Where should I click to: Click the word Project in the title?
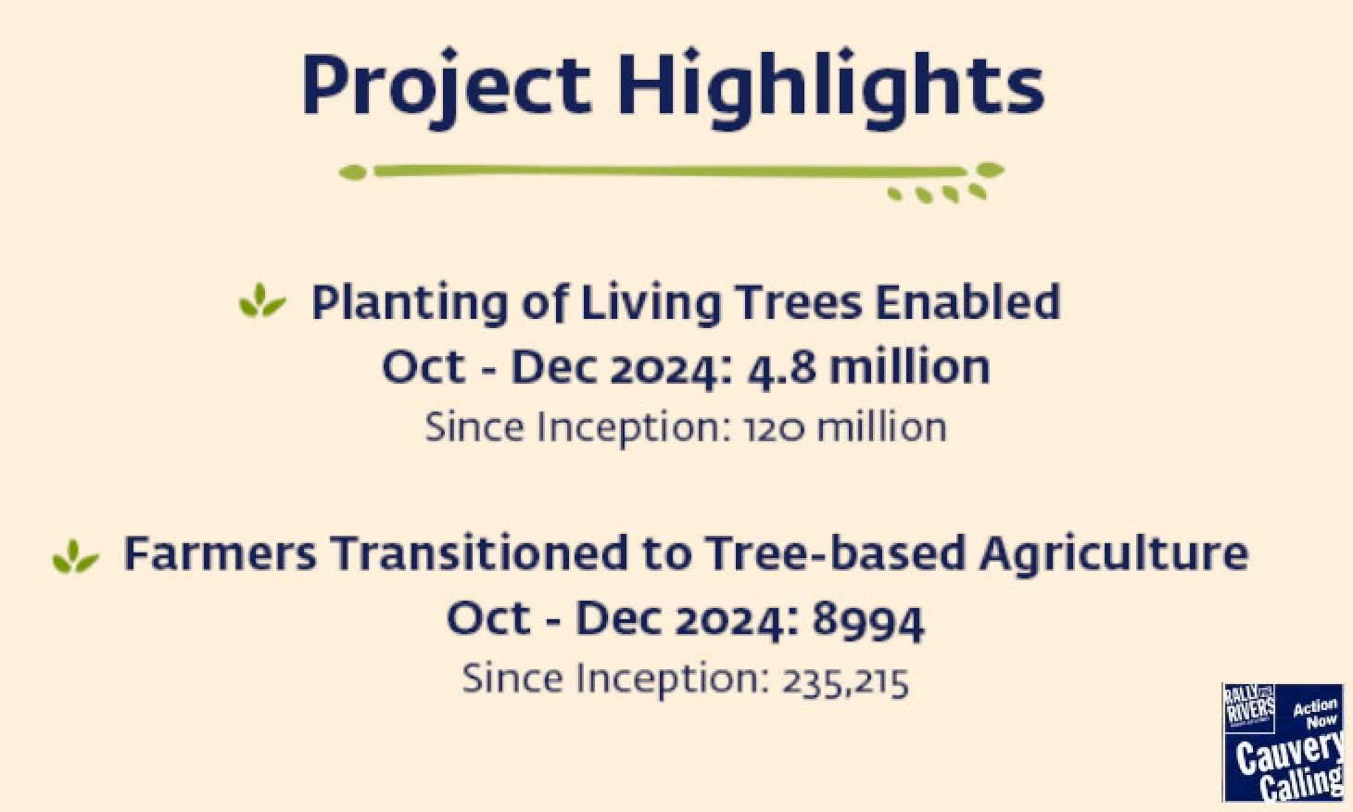[447, 87]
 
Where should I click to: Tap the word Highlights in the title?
[830, 88]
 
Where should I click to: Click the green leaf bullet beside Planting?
[261, 301]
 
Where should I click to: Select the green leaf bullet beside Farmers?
[75, 556]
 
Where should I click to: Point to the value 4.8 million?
[868, 367]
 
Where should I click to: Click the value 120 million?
[845, 427]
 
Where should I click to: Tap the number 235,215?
[845, 681]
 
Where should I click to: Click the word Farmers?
[220, 554]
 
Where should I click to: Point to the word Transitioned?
[479, 553]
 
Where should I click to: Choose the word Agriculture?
[1113, 554]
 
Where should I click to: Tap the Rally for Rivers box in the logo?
[1249, 708]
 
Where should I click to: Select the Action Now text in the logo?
[1315, 713]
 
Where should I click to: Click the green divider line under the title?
[670, 171]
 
